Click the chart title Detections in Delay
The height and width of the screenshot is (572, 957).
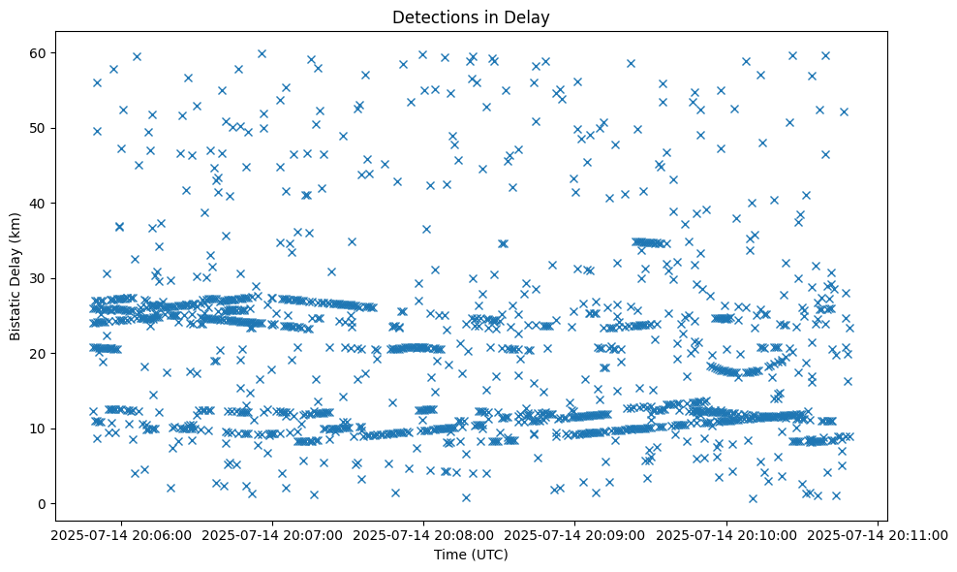470,16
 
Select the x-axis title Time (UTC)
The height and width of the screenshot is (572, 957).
470,555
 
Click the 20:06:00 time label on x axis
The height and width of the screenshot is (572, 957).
121,534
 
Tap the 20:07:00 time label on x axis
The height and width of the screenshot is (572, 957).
272,534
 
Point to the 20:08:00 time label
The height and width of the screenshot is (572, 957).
423,534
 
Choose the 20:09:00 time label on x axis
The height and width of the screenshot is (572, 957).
575,534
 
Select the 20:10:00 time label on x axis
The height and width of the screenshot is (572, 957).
726,534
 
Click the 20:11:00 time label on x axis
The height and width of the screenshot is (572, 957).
878,534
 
